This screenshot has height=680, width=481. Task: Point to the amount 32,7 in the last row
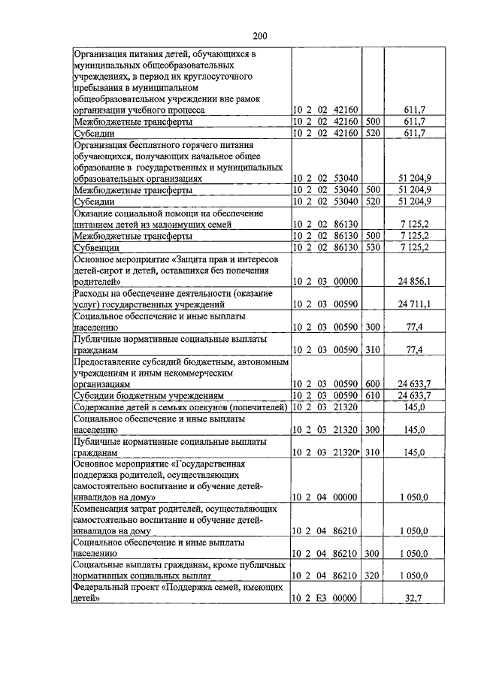coord(416,599)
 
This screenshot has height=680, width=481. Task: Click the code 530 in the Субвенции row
coord(374,247)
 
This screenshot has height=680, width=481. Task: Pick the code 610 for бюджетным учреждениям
coord(374,395)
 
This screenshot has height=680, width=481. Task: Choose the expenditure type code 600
coord(374,383)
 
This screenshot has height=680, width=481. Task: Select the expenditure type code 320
coord(374,576)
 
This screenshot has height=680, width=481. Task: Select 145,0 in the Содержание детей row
coord(416,406)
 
